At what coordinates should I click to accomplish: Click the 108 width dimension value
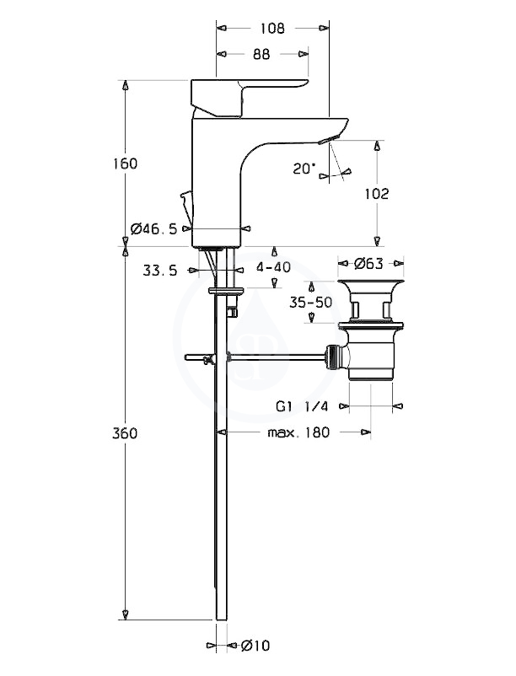pos(272,28)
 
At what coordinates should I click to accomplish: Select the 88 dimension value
pos(261,54)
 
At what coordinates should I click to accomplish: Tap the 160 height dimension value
pos(125,164)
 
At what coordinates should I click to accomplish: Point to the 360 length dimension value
pos(125,433)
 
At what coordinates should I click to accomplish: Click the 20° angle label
pos(304,169)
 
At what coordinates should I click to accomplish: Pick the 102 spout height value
pos(377,194)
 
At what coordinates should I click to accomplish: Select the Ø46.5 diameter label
pos(154,228)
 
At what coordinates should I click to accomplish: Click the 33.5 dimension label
pos(160,271)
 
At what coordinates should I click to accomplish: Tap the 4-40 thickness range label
pos(273,267)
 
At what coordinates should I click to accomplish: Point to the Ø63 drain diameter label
pos(369,264)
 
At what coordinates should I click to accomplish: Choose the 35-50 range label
pos(310,303)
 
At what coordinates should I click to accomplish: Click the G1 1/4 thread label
pos(302,406)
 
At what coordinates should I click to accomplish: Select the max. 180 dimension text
pos(298,432)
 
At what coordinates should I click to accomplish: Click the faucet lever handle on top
pos(250,97)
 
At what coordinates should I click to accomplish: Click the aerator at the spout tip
pos(329,139)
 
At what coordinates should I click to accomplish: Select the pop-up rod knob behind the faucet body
pos(185,201)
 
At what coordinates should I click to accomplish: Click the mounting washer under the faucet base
pos(226,291)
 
